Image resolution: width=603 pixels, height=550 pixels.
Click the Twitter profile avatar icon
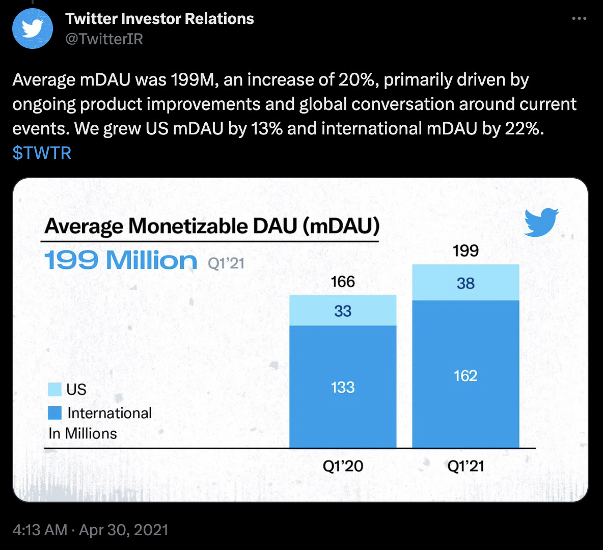33,29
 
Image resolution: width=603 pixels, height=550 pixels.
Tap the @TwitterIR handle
104,39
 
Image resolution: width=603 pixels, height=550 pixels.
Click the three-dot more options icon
579,19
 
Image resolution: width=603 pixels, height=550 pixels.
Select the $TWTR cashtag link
42,153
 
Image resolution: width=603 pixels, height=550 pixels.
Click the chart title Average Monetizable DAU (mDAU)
212,226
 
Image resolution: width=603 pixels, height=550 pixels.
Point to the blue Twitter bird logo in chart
541,222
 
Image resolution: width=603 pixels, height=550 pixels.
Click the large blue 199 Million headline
121,260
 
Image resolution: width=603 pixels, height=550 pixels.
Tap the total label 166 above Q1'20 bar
343,282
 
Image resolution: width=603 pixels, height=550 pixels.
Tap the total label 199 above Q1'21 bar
465,251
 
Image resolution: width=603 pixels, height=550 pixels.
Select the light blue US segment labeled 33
343,311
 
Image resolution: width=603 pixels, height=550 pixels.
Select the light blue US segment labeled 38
465,283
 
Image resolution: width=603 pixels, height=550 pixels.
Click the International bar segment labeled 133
343,387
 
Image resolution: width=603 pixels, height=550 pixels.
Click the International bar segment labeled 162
465,375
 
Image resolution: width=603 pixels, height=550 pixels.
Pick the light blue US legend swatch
54,389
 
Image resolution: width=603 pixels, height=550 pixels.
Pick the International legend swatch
54,413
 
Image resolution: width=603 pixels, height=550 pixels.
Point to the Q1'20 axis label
343,466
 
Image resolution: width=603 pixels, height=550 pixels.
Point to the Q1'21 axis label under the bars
465,466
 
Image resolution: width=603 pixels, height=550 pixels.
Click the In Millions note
83,433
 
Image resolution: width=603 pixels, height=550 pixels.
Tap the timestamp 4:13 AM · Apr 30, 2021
90,530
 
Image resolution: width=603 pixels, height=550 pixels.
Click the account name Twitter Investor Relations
159,19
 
